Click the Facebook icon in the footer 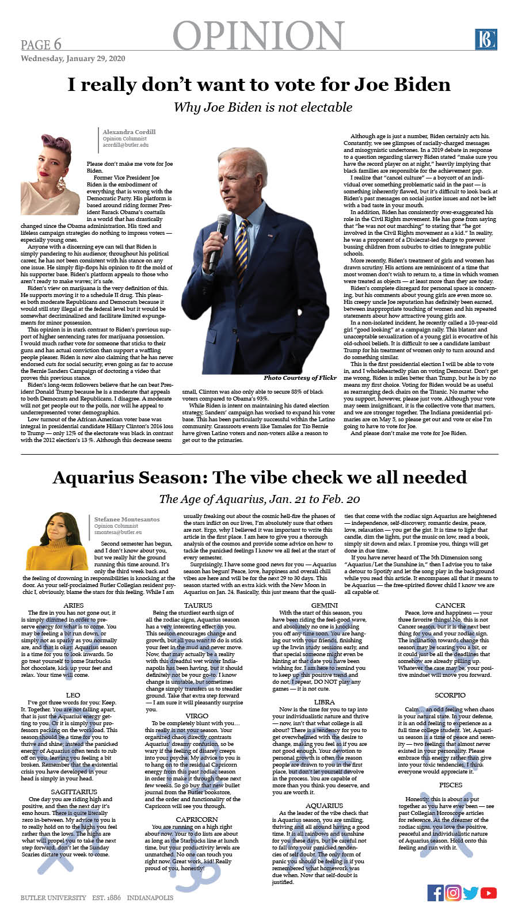click(436, 893)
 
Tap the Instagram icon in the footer click(453, 893)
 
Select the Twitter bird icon click(471, 893)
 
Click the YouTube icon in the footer click(489, 893)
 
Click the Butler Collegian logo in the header click(486, 39)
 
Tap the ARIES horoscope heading click(73, 605)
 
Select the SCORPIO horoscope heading click(450, 695)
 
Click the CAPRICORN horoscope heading click(197, 819)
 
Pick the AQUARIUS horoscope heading click(324, 806)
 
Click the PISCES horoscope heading click(450, 785)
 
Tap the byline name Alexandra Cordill click(129, 132)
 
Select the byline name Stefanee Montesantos click(127, 519)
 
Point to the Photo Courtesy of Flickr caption click(300, 378)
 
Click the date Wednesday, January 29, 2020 click(73, 59)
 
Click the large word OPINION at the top click(258, 36)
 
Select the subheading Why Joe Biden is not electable click(263, 107)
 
